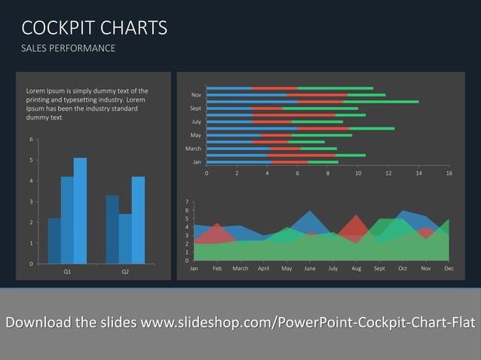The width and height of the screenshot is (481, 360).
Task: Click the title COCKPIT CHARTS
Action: tap(94, 29)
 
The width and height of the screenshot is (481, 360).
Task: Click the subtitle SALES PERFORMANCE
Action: tap(69, 49)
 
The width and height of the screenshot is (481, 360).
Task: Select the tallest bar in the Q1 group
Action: tap(80, 211)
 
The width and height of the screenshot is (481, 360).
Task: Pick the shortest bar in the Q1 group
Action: tap(54, 241)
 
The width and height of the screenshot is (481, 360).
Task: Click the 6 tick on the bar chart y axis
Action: tap(31, 139)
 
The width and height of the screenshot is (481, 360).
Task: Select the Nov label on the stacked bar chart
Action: tap(196, 95)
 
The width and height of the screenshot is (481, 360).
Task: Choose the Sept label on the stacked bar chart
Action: tap(195, 108)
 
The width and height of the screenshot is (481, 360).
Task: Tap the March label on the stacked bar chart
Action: tap(193, 149)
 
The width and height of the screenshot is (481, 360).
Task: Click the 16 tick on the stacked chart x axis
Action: tap(449, 173)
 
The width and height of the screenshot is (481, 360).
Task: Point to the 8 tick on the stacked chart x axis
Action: tap(328, 173)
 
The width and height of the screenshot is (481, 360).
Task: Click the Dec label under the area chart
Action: tap(449, 269)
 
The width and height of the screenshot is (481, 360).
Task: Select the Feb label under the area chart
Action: tap(217, 269)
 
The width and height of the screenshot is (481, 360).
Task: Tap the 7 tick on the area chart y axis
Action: tap(186, 202)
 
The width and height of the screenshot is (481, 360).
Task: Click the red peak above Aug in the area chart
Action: tap(357, 220)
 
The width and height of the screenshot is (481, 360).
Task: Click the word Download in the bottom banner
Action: tap(38, 323)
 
